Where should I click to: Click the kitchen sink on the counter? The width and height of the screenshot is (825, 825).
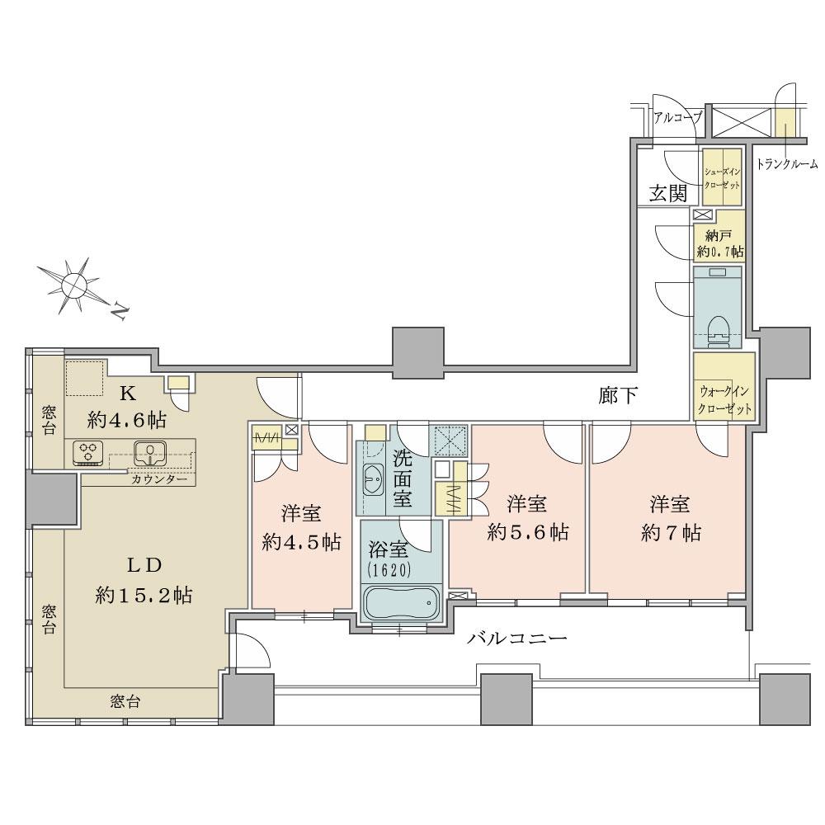(151, 452)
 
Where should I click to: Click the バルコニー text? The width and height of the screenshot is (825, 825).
(516, 639)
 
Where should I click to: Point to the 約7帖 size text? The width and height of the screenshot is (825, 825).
(669, 533)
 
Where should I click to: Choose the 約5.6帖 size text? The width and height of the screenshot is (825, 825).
(528, 533)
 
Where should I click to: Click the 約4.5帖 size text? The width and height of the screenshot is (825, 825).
(302, 542)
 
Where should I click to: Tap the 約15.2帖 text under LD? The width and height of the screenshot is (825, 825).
(144, 595)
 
